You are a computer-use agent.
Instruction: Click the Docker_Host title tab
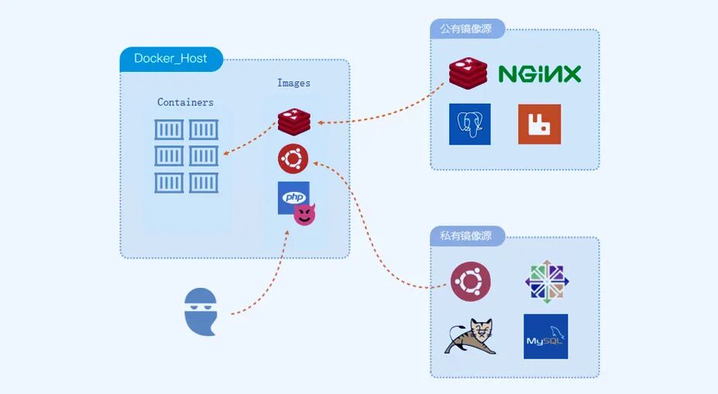(170, 59)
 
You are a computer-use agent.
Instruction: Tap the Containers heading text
(185, 102)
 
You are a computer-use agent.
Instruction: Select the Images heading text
(294, 83)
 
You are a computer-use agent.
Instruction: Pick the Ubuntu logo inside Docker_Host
(294, 159)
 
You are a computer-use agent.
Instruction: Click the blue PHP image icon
(293, 197)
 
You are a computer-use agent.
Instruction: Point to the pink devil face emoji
(304, 215)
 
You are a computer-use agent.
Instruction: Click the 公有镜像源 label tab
(467, 29)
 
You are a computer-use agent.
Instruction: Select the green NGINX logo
(539, 74)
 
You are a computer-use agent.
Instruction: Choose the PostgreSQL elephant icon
(469, 124)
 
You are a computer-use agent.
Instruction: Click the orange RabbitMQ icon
(539, 124)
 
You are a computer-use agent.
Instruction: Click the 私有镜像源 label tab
(467, 236)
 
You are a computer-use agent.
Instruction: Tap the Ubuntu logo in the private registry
(470, 281)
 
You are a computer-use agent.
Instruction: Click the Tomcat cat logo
(470, 337)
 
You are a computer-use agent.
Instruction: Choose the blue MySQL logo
(545, 336)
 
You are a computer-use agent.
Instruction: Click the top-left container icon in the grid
(169, 129)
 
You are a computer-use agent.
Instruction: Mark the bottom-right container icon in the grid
(204, 183)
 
